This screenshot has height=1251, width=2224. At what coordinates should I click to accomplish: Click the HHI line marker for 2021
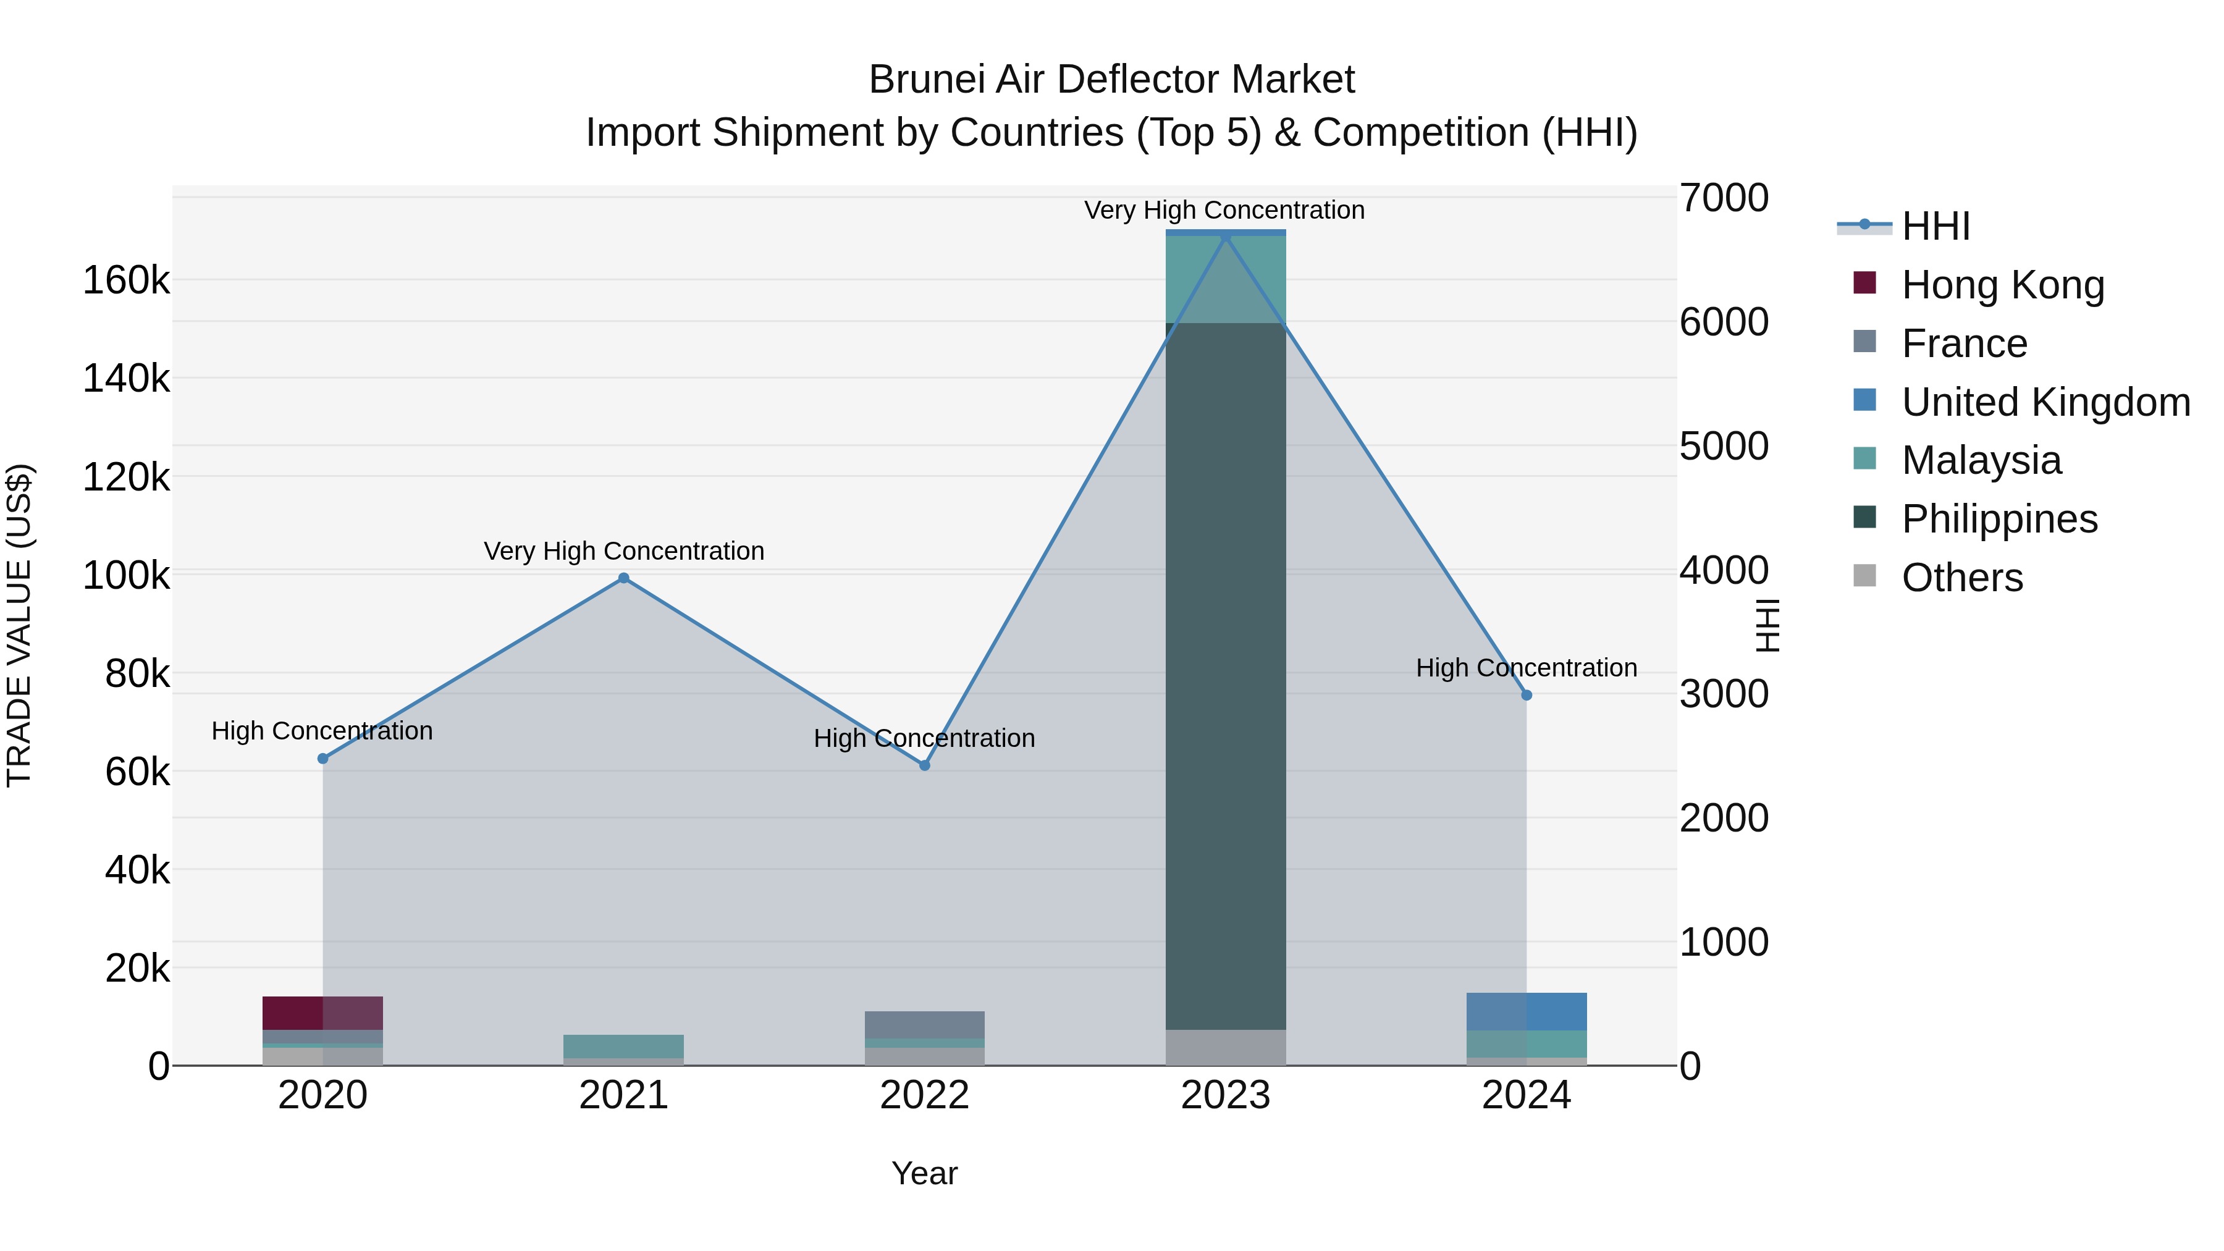point(623,578)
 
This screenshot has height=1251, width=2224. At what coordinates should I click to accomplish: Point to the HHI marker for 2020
point(323,759)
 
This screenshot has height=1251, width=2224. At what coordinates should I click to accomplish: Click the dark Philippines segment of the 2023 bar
point(1225,673)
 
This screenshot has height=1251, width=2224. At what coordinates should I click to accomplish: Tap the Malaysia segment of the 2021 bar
point(623,1045)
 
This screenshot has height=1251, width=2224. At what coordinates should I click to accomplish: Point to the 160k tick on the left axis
point(126,280)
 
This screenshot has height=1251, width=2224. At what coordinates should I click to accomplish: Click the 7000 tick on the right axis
point(1723,198)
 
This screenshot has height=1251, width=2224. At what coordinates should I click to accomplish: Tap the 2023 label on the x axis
point(1225,1095)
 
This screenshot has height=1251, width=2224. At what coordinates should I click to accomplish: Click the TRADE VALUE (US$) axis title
point(19,625)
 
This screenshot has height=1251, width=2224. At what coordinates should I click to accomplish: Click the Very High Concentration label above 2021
point(623,551)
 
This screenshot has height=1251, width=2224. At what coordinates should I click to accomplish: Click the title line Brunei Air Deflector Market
point(1111,80)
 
